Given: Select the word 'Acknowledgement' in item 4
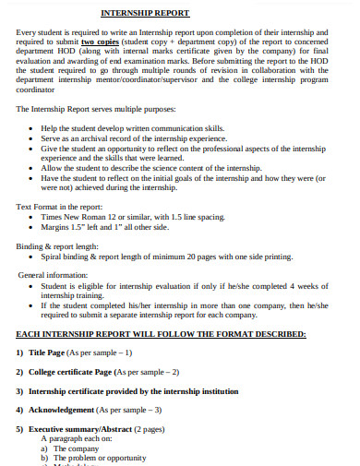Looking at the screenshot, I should pyautogui.click(x=61, y=410).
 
